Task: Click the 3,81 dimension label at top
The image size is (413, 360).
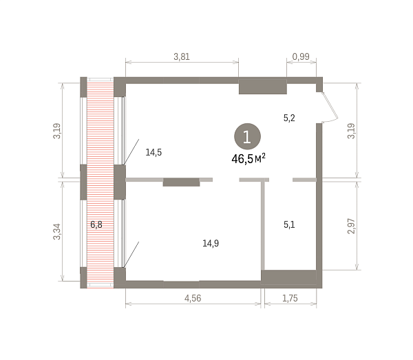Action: (x=182, y=56)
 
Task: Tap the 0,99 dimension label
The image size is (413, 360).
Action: (x=301, y=56)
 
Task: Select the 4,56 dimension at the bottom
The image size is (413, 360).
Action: (x=193, y=298)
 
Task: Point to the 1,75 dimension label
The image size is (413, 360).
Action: (x=290, y=298)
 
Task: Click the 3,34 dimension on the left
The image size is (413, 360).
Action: (x=57, y=231)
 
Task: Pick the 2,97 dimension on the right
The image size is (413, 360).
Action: (x=351, y=226)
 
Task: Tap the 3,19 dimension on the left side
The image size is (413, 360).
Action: (x=57, y=131)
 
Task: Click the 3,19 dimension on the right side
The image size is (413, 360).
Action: (x=351, y=131)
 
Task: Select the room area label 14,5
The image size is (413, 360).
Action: (x=153, y=152)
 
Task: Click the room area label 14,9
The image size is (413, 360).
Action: (x=211, y=244)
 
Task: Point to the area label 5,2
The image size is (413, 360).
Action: (x=289, y=118)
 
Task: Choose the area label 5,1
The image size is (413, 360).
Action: (x=289, y=224)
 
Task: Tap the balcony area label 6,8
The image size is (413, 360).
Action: (x=96, y=224)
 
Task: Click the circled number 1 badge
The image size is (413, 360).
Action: (x=247, y=136)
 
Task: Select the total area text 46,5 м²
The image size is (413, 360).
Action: (x=248, y=159)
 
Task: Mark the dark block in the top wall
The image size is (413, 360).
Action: (x=263, y=87)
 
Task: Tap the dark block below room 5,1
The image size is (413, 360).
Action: (x=288, y=277)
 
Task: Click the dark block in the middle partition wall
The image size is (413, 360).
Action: (x=181, y=182)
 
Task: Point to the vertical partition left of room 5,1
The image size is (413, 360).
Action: (x=263, y=224)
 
